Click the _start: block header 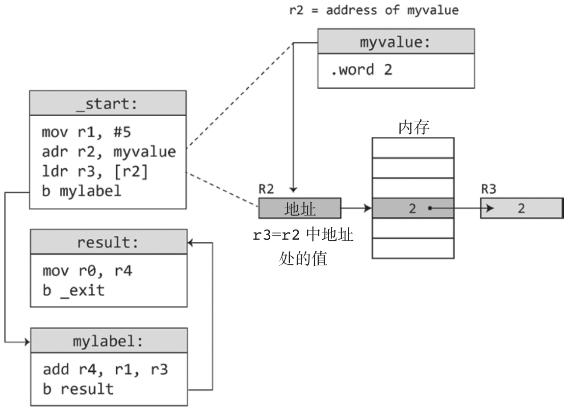click(x=108, y=103)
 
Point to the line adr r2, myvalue click(x=108, y=152)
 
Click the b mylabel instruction click(x=81, y=190)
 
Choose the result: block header click(x=108, y=242)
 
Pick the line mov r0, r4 click(x=87, y=270)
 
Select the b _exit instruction click(x=74, y=290)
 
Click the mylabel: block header click(x=108, y=341)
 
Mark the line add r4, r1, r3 click(x=105, y=369)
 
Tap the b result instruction click(x=78, y=389)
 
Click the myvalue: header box click(x=396, y=41)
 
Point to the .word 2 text click(x=362, y=69)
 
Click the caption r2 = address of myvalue click(x=374, y=10)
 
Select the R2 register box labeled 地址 click(x=300, y=208)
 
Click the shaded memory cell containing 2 click(x=413, y=208)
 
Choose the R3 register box click(x=521, y=208)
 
